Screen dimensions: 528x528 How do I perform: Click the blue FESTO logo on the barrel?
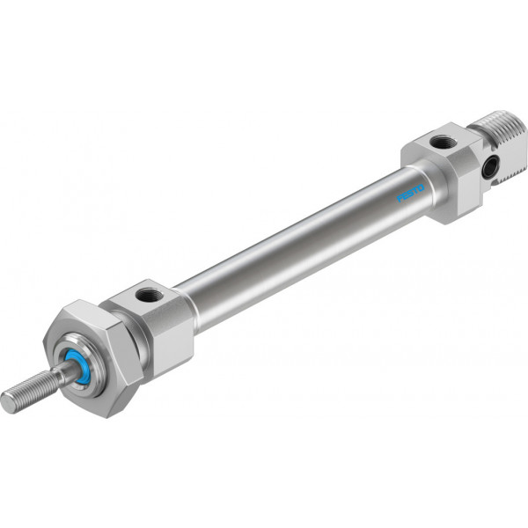click(x=410, y=193)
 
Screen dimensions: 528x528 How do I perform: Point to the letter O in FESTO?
click(x=422, y=188)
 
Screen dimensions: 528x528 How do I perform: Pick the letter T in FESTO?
click(x=416, y=191)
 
